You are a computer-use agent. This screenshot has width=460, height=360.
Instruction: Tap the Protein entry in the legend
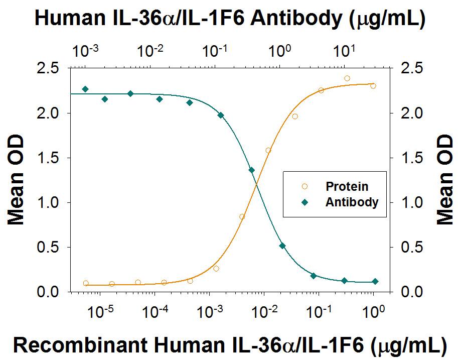(x=347, y=187)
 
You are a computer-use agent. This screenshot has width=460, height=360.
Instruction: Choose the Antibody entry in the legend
(x=352, y=203)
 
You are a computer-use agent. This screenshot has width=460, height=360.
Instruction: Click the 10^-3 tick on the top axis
(x=85, y=51)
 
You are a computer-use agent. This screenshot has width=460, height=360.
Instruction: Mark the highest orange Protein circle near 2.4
(x=347, y=78)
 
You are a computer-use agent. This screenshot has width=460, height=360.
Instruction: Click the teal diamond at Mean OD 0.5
(x=282, y=246)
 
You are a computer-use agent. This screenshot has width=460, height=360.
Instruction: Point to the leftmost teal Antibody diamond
(x=85, y=89)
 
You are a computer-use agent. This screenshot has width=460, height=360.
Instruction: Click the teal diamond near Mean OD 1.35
(x=252, y=170)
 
